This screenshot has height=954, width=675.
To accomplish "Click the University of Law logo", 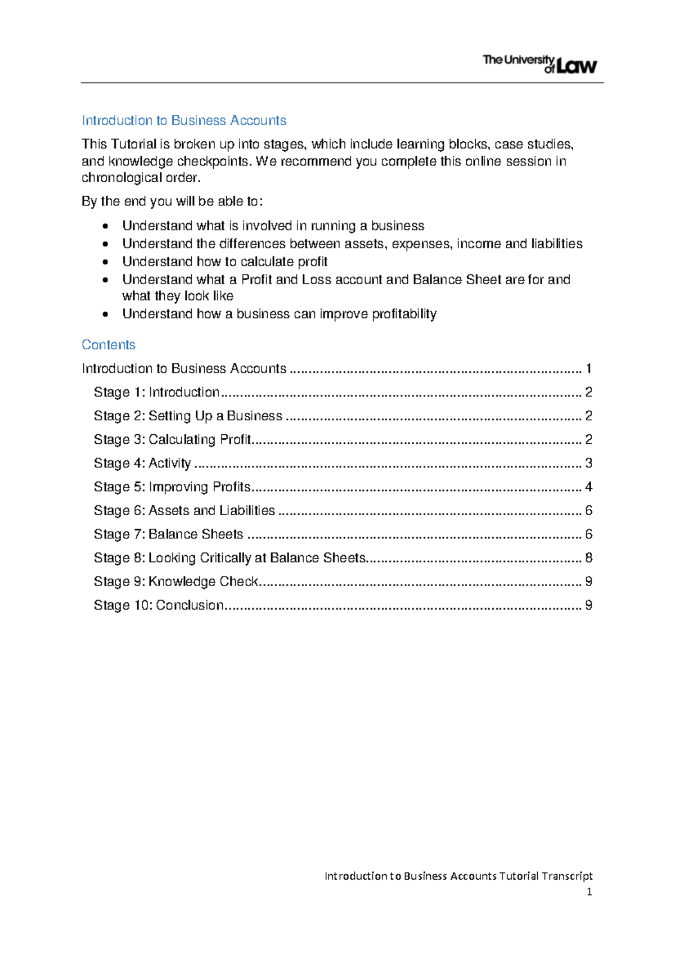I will (x=539, y=64).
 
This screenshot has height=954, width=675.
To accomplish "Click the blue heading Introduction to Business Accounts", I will (x=184, y=120).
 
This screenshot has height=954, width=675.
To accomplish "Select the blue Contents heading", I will (x=109, y=345).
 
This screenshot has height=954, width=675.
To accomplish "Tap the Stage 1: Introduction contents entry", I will (x=156, y=392).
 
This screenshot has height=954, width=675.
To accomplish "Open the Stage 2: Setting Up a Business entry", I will (x=188, y=416).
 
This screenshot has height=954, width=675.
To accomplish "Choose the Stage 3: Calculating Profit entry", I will (x=172, y=439).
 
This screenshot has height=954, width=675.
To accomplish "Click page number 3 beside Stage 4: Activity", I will (x=588, y=463).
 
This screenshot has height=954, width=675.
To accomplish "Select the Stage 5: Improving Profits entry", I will (x=172, y=487).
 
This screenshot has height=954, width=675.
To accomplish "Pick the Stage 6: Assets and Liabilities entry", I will (x=184, y=510).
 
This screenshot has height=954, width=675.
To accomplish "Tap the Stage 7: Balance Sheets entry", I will (x=168, y=534).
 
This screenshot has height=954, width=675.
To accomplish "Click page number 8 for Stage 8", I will (x=588, y=557).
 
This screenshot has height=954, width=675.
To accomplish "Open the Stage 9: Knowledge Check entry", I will (x=175, y=581).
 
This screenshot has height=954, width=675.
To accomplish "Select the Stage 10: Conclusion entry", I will (x=159, y=605).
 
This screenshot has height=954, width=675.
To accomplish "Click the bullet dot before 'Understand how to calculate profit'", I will (x=105, y=262).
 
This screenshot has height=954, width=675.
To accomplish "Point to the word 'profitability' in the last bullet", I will (x=404, y=314).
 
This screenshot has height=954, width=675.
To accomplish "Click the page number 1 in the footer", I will (x=589, y=892).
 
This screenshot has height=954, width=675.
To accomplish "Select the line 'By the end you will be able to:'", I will (x=172, y=201).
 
